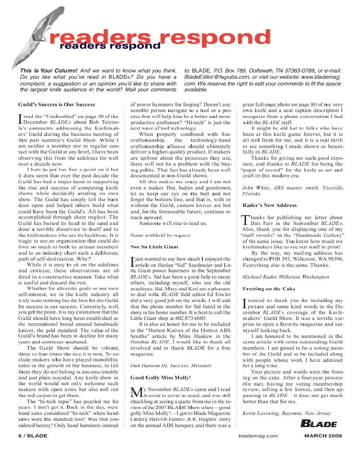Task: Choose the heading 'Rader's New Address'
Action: pos(270,205)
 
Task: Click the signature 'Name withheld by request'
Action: pos(160,235)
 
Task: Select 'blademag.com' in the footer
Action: pos(258,436)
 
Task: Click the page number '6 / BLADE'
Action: pos(33,436)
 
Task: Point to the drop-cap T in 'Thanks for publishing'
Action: pos(245,220)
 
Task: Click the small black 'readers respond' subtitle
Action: pos(110,45)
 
